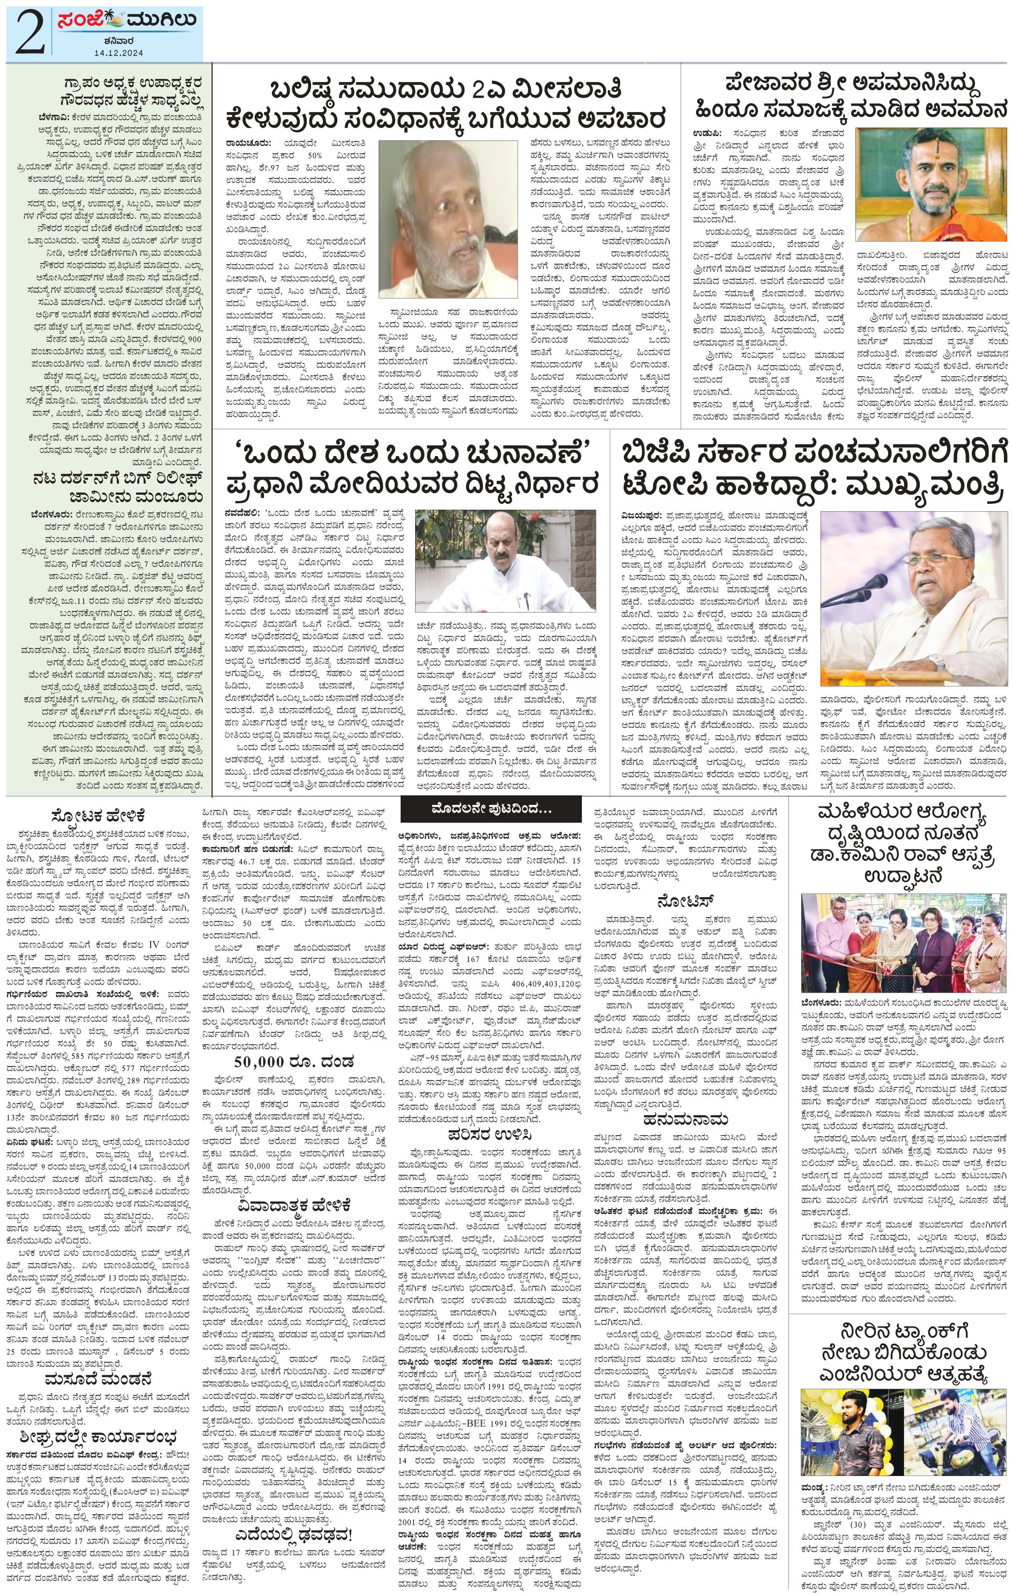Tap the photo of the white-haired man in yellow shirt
(447, 219)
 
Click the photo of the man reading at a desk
(506, 561)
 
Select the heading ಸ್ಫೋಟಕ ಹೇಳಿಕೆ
(107, 815)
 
